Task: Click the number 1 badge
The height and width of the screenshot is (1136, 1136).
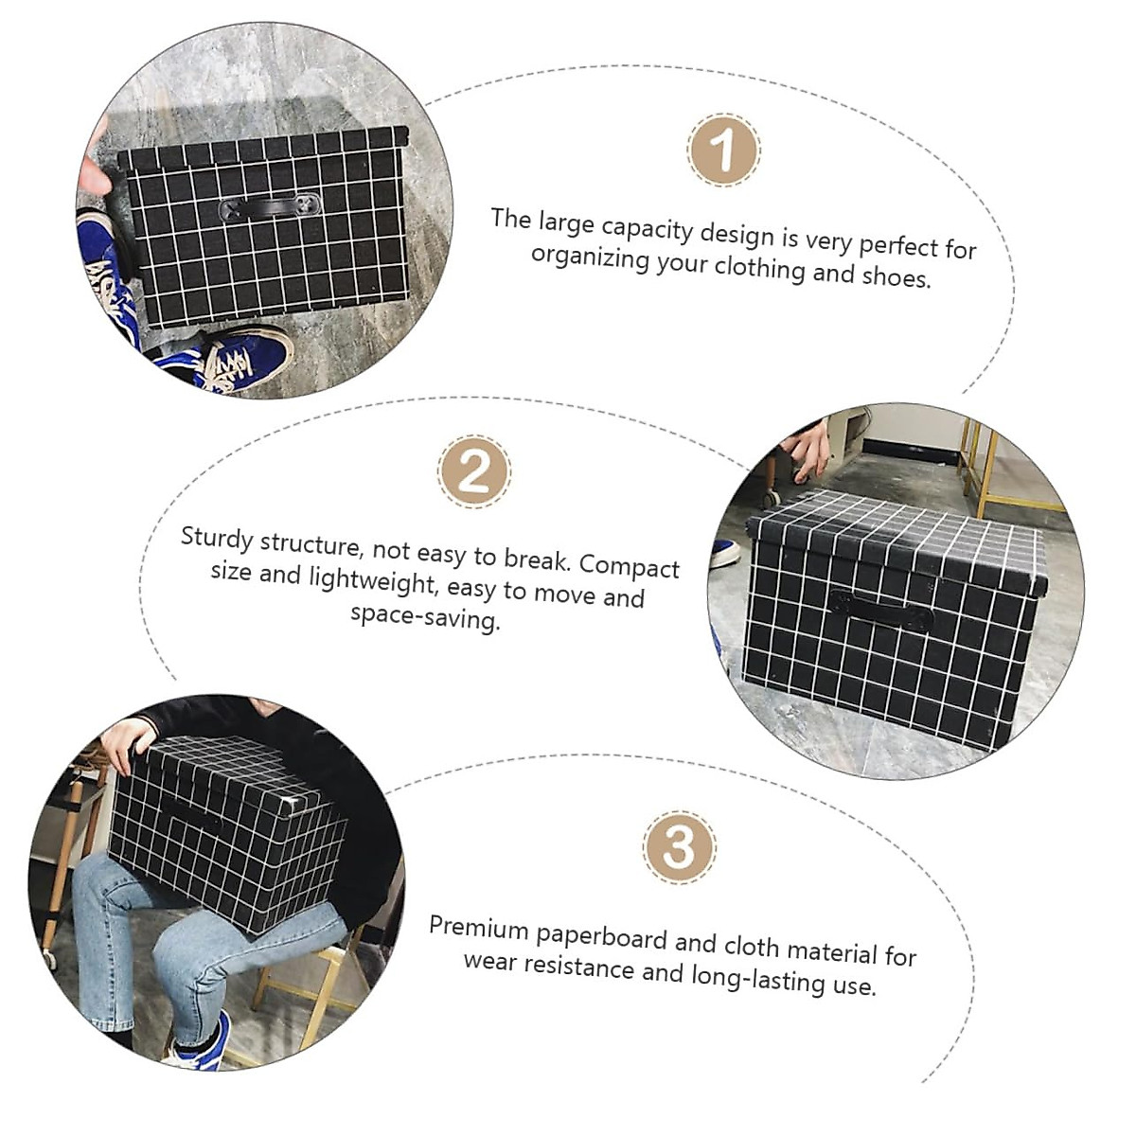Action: [723, 150]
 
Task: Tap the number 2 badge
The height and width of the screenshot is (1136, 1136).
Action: [474, 470]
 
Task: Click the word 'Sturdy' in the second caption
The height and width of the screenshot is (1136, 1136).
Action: [217, 538]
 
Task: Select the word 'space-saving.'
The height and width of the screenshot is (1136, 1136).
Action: [425, 617]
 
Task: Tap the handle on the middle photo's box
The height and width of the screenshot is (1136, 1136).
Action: [881, 611]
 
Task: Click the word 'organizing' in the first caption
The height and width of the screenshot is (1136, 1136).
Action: [589, 257]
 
